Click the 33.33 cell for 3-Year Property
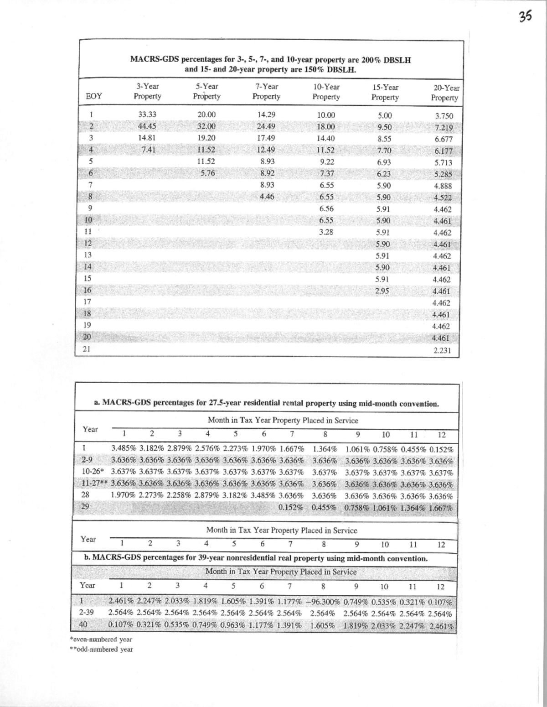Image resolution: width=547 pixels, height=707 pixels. [x=147, y=115]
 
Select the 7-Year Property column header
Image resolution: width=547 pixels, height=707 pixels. [x=266, y=91]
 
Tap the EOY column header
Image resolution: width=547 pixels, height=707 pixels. [x=94, y=96]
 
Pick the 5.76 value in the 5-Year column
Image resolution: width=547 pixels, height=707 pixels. [x=207, y=173]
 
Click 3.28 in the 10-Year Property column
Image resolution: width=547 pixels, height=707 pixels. [x=326, y=232]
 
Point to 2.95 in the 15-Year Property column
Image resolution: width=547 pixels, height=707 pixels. [x=382, y=291]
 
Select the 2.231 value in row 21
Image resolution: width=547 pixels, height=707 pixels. [x=442, y=350]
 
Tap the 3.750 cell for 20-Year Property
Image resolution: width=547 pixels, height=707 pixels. [x=444, y=116]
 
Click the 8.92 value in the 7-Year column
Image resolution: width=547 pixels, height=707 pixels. [x=267, y=173]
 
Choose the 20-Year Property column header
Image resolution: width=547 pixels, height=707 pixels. [x=445, y=93]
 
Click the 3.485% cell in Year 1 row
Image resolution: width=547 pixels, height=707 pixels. [x=124, y=449]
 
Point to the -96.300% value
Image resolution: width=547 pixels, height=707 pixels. [x=322, y=602]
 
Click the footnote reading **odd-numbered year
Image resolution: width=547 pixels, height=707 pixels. [x=101, y=649]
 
